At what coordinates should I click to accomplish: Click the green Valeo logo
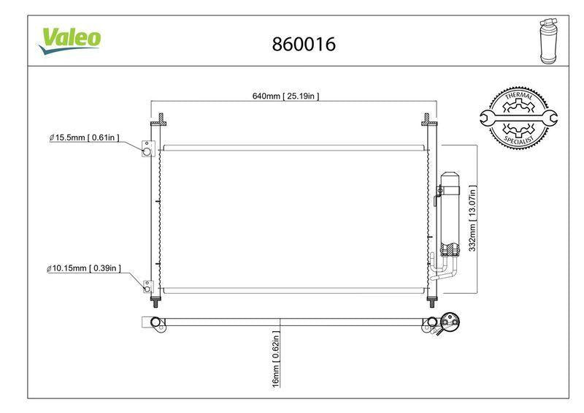click(x=69, y=40)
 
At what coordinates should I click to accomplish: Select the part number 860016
click(x=304, y=44)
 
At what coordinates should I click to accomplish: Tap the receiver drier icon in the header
click(x=548, y=41)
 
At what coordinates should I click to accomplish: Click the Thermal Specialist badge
click(x=518, y=118)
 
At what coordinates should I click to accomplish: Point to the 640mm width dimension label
click(x=285, y=96)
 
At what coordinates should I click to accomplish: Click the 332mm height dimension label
click(x=472, y=219)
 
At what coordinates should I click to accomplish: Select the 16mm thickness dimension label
click(x=276, y=358)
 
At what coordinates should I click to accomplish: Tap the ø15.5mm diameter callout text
click(x=85, y=137)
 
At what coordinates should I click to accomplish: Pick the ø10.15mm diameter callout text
click(x=84, y=268)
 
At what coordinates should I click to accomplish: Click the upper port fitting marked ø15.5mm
click(x=148, y=148)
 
